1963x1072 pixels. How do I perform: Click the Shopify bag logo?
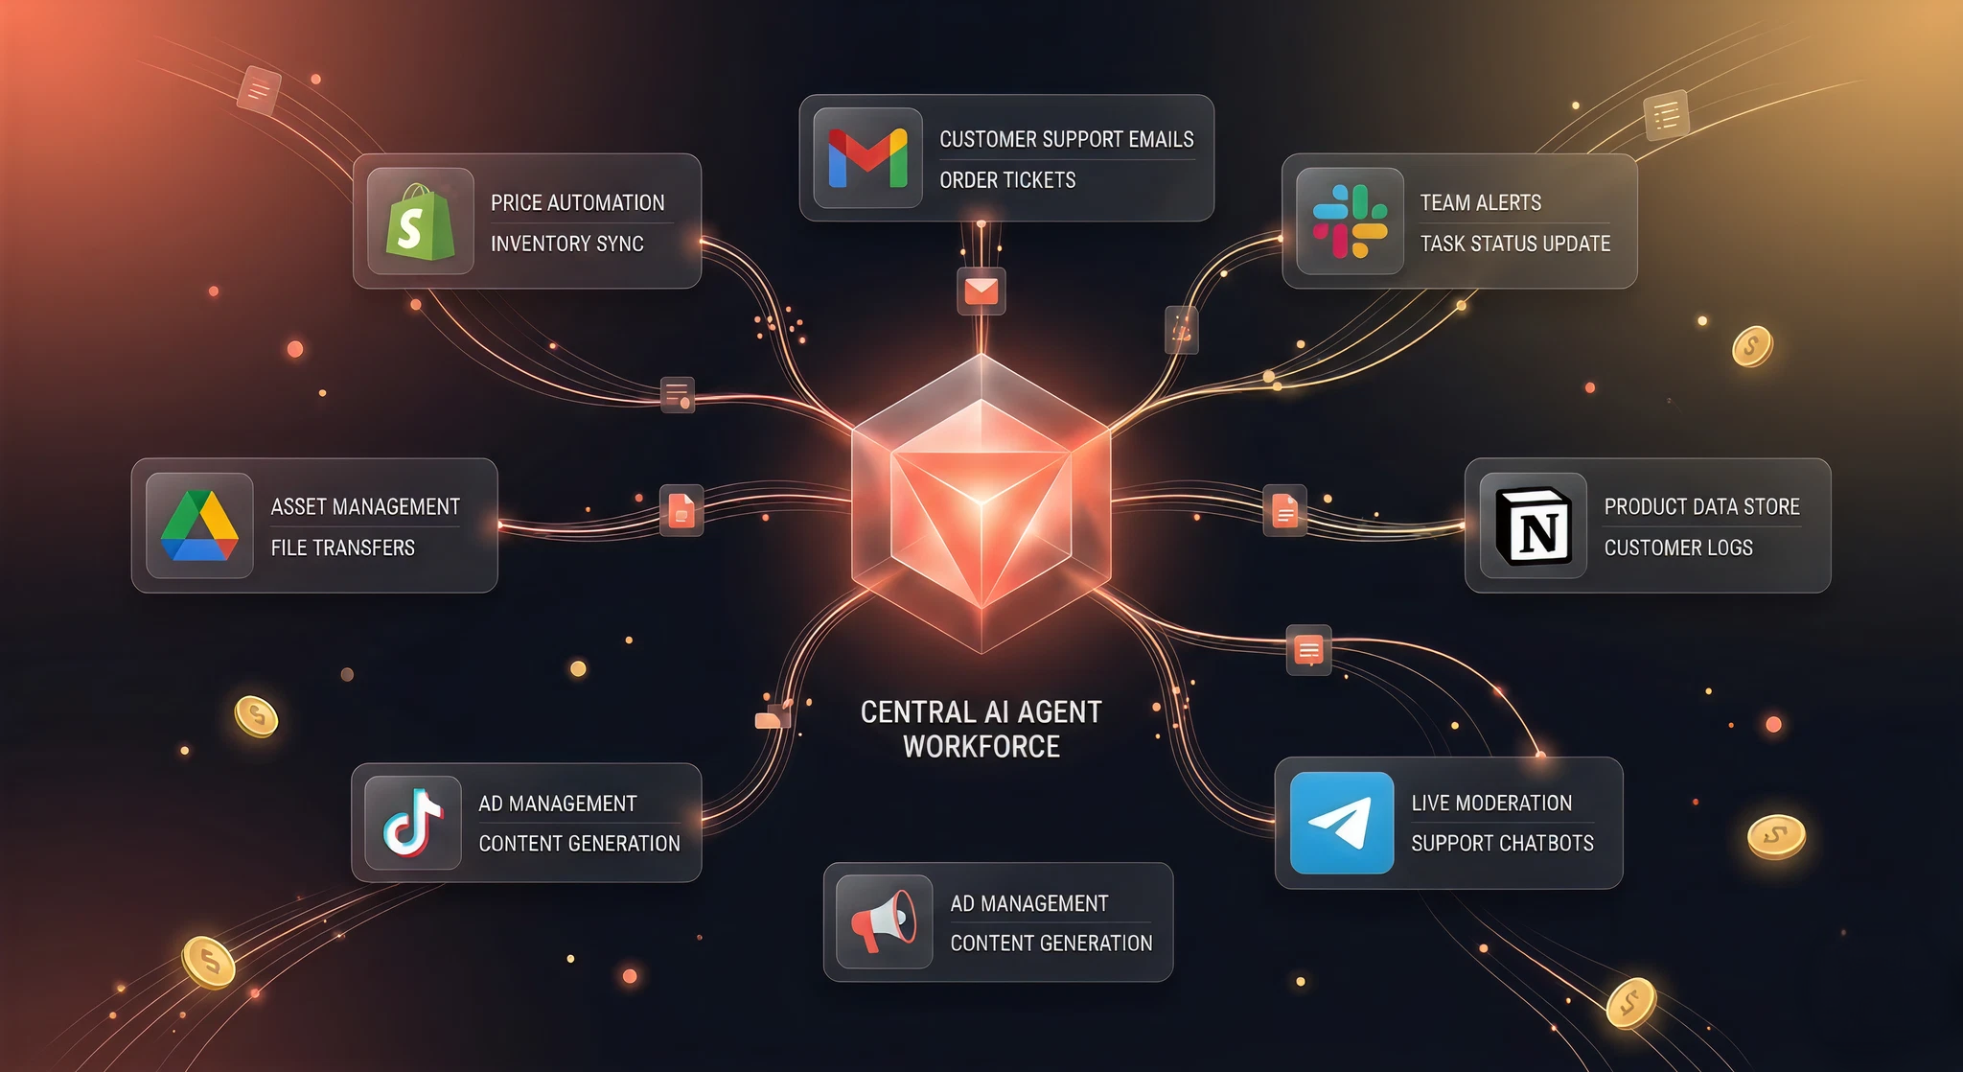(x=420, y=221)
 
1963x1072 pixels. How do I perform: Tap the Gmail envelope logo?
(x=867, y=158)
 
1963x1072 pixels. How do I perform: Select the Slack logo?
(x=1350, y=221)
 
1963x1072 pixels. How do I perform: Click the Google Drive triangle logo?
(x=199, y=525)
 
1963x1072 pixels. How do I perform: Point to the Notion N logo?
(x=1534, y=525)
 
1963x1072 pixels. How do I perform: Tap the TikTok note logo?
(x=413, y=823)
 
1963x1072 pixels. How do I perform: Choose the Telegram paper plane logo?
(x=1341, y=823)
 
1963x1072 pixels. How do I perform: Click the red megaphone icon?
(x=884, y=921)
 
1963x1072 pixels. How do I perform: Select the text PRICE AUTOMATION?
(x=577, y=203)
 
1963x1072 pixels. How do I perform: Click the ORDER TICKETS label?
(x=1007, y=180)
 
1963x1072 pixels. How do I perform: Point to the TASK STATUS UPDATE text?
(x=1515, y=244)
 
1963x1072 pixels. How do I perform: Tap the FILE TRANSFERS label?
(x=342, y=548)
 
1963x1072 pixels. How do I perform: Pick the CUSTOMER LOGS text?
(x=1678, y=548)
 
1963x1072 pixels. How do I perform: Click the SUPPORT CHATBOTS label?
(x=1502, y=844)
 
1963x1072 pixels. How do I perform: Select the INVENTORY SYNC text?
(x=566, y=244)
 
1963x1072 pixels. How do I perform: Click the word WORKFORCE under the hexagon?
(x=981, y=747)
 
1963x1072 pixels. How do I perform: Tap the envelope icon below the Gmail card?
(x=981, y=291)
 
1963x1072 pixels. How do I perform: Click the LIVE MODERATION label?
(x=1491, y=804)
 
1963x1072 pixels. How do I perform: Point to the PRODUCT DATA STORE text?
(x=1702, y=506)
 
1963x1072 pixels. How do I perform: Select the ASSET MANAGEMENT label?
(x=365, y=506)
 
